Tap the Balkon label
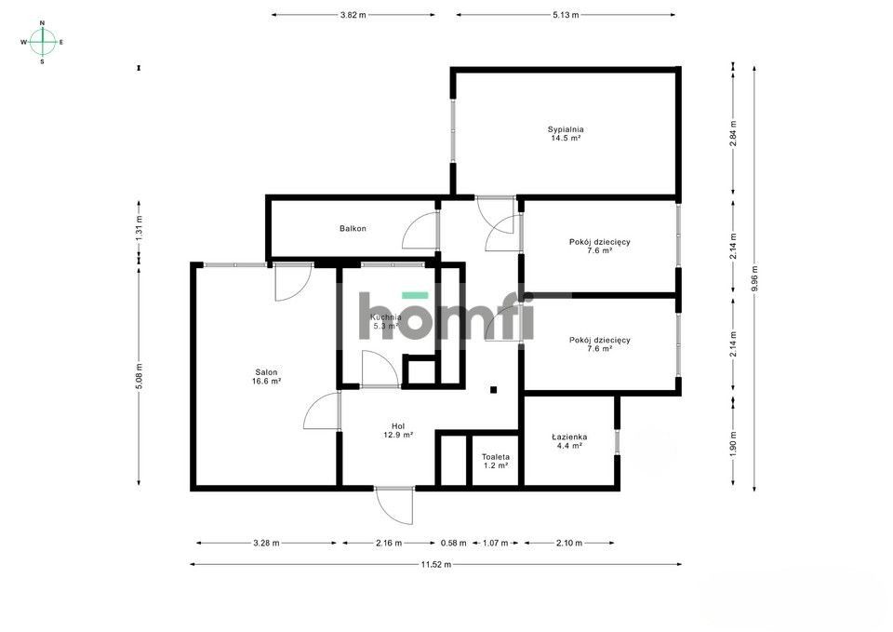[x=353, y=229]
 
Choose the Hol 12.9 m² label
[x=398, y=430]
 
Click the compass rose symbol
[x=43, y=42]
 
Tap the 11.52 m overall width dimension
[x=435, y=564]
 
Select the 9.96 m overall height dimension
[x=754, y=278]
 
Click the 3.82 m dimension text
[x=353, y=15]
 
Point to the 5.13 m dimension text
[x=566, y=15]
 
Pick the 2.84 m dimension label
[x=734, y=133]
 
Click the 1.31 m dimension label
[x=140, y=229]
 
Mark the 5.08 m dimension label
[x=140, y=376]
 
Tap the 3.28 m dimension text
[x=267, y=543]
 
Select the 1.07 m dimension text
[x=495, y=543]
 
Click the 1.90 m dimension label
[x=734, y=441]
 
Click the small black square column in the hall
[x=493, y=390]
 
